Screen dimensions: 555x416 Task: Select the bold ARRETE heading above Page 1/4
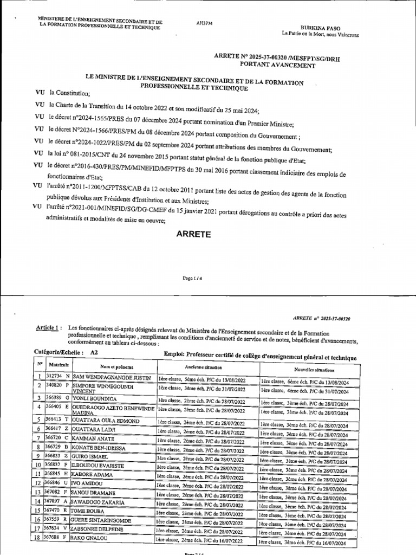(x=192, y=234)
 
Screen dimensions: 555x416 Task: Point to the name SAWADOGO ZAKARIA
(x=100, y=502)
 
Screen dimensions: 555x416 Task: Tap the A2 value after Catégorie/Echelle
(x=95, y=352)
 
